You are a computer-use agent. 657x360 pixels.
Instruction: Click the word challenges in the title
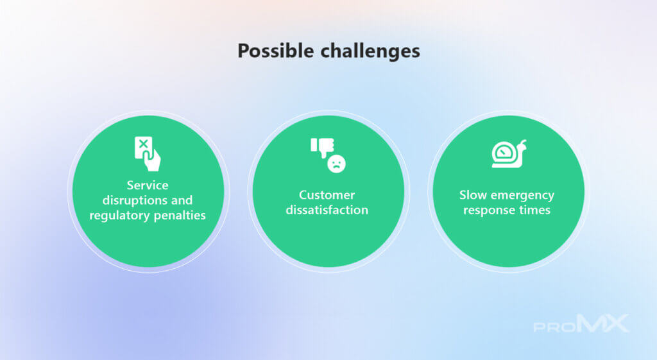tap(370, 51)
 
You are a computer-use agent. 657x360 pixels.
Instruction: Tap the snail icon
tap(509, 154)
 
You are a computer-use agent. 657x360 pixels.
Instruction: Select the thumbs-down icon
tap(322, 148)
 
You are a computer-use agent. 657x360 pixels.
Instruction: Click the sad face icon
tap(336, 164)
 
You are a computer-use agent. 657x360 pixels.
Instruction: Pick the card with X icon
tap(147, 153)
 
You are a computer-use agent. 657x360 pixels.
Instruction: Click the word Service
tap(148, 185)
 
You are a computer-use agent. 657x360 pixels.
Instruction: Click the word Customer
tap(327, 195)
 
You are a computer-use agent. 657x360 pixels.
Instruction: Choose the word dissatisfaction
tap(327, 210)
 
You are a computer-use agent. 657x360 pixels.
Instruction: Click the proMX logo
tap(581, 323)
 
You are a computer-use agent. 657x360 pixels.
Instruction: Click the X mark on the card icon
tap(143, 144)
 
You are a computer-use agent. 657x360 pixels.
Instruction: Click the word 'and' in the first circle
tap(182, 200)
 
